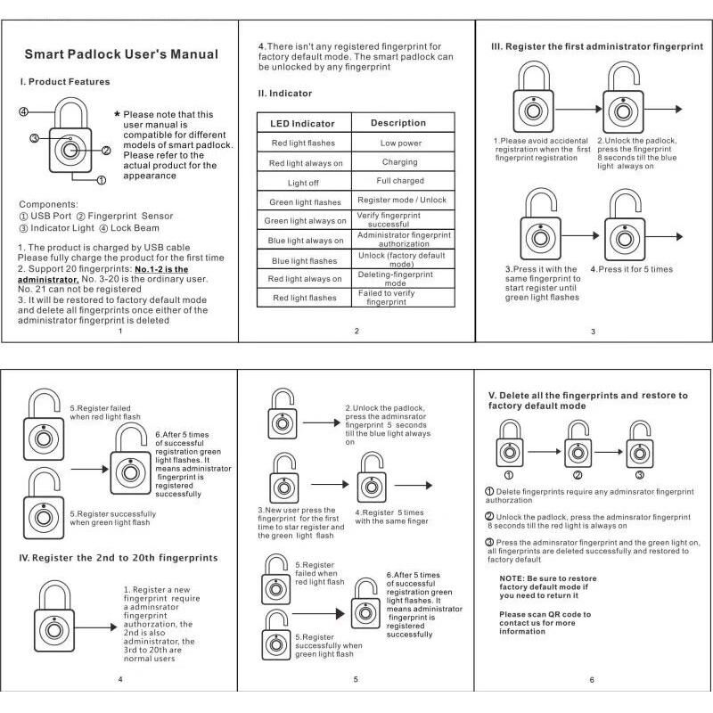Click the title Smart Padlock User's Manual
120,54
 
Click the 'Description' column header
398,123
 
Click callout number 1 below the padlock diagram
101,180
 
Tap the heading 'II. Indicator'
285,94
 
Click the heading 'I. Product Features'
65,82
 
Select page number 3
593,332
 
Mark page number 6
591,680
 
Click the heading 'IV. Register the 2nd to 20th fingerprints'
119,558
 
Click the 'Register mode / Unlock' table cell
401,201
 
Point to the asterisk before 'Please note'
117,115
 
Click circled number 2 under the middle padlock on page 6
577,474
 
